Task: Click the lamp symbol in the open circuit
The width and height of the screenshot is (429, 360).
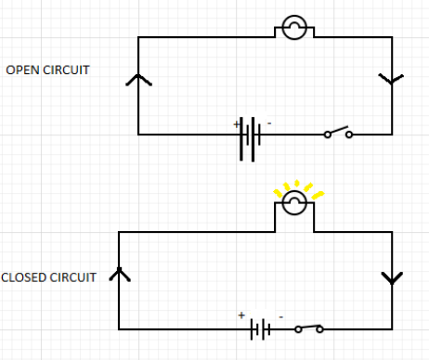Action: click(x=293, y=29)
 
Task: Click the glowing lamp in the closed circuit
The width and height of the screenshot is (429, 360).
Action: click(x=294, y=203)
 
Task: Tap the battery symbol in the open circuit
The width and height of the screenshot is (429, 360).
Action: click(x=248, y=135)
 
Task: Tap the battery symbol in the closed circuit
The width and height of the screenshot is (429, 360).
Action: click(x=262, y=328)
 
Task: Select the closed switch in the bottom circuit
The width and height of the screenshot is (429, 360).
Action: click(x=309, y=328)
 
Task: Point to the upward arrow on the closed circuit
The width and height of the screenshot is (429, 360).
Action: click(x=118, y=274)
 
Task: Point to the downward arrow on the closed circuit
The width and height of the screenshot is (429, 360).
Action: click(x=391, y=278)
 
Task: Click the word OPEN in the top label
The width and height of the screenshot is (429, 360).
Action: click(x=21, y=70)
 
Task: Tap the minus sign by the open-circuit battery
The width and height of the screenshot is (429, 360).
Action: click(x=269, y=122)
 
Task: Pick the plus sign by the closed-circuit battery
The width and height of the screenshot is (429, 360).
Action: click(x=241, y=315)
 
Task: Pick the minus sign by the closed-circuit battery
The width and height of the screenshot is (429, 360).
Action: click(x=280, y=316)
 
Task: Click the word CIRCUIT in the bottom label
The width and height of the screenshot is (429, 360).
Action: click(x=73, y=277)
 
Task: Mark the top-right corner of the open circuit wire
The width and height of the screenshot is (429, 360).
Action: click(x=391, y=37)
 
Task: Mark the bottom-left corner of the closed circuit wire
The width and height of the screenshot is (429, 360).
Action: click(x=119, y=328)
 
